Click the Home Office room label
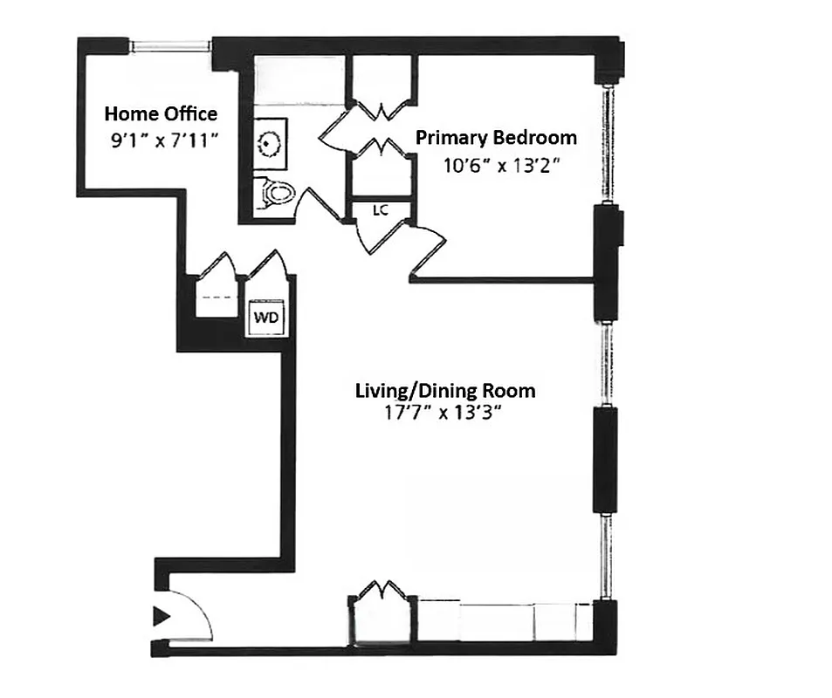click(x=161, y=113)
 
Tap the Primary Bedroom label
click(x=495, y=137)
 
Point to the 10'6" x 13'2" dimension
click(x=500, y=165)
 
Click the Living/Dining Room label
click(x=444, y=390)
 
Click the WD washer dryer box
click(x=266, y=318)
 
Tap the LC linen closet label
click(x=380, y=210)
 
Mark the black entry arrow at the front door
click(x=162, y=617)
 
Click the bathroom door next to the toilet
click(x=314, y=206)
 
